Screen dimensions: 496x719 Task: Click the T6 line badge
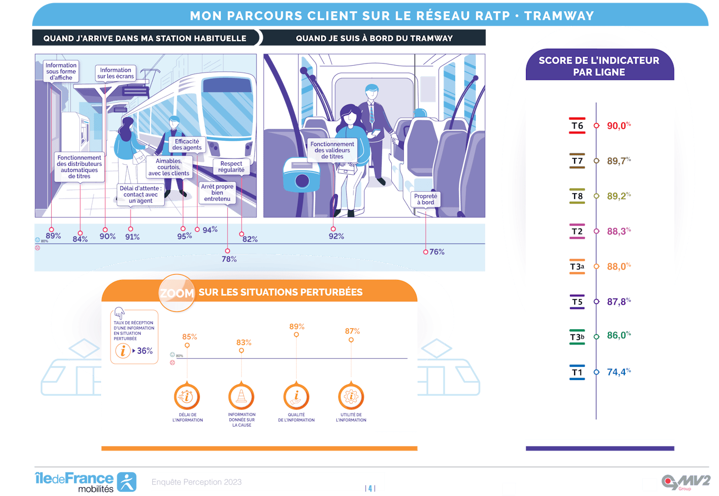(x=577, y=125)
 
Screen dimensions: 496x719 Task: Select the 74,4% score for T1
(x=618, y=372)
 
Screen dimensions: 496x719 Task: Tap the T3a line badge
(x=577, y=266)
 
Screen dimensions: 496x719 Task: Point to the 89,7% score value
(x=618, y=161)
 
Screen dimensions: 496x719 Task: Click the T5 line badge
(x=577, y=302)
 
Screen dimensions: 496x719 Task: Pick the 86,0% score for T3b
(x=618, y=336)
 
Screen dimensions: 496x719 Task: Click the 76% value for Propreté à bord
(x=437, y=252)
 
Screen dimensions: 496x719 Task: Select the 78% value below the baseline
(x=229, y=259)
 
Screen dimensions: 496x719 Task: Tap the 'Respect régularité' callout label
(x=231, y=167)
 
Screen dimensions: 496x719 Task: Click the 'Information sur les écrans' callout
(x=115, y=73)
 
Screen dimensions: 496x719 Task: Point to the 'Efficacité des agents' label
(x=187, y=145)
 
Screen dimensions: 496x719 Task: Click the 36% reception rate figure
(x=144, y=351)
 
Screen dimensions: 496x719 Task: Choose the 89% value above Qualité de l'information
(x=297, y=327)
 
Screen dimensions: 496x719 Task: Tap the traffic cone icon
(x=241, y=396)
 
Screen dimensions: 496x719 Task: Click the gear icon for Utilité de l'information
(x=351, y=396)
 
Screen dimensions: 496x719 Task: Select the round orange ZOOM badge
(x=177, y=293)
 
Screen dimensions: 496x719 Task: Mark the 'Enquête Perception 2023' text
(x=197, y=482)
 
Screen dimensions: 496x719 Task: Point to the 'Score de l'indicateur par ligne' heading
(x=599, y=66)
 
